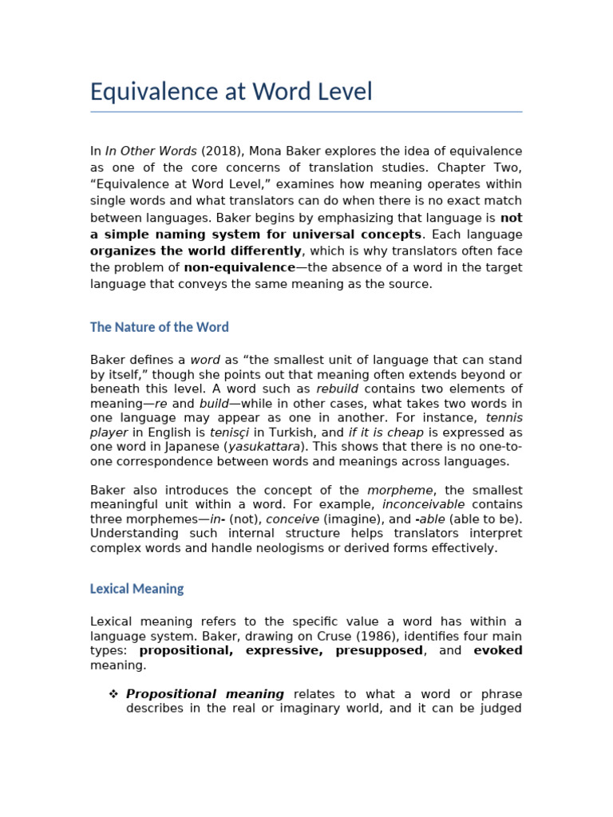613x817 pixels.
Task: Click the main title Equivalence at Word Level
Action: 231,92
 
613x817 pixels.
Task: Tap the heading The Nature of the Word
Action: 159,327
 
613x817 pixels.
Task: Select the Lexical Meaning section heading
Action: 136,589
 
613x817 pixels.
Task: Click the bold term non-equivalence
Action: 239,267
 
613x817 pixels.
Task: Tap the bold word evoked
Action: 497,650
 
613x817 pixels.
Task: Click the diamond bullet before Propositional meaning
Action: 113,694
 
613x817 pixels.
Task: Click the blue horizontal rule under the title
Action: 306,112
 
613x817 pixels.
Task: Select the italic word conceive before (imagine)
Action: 292,519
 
